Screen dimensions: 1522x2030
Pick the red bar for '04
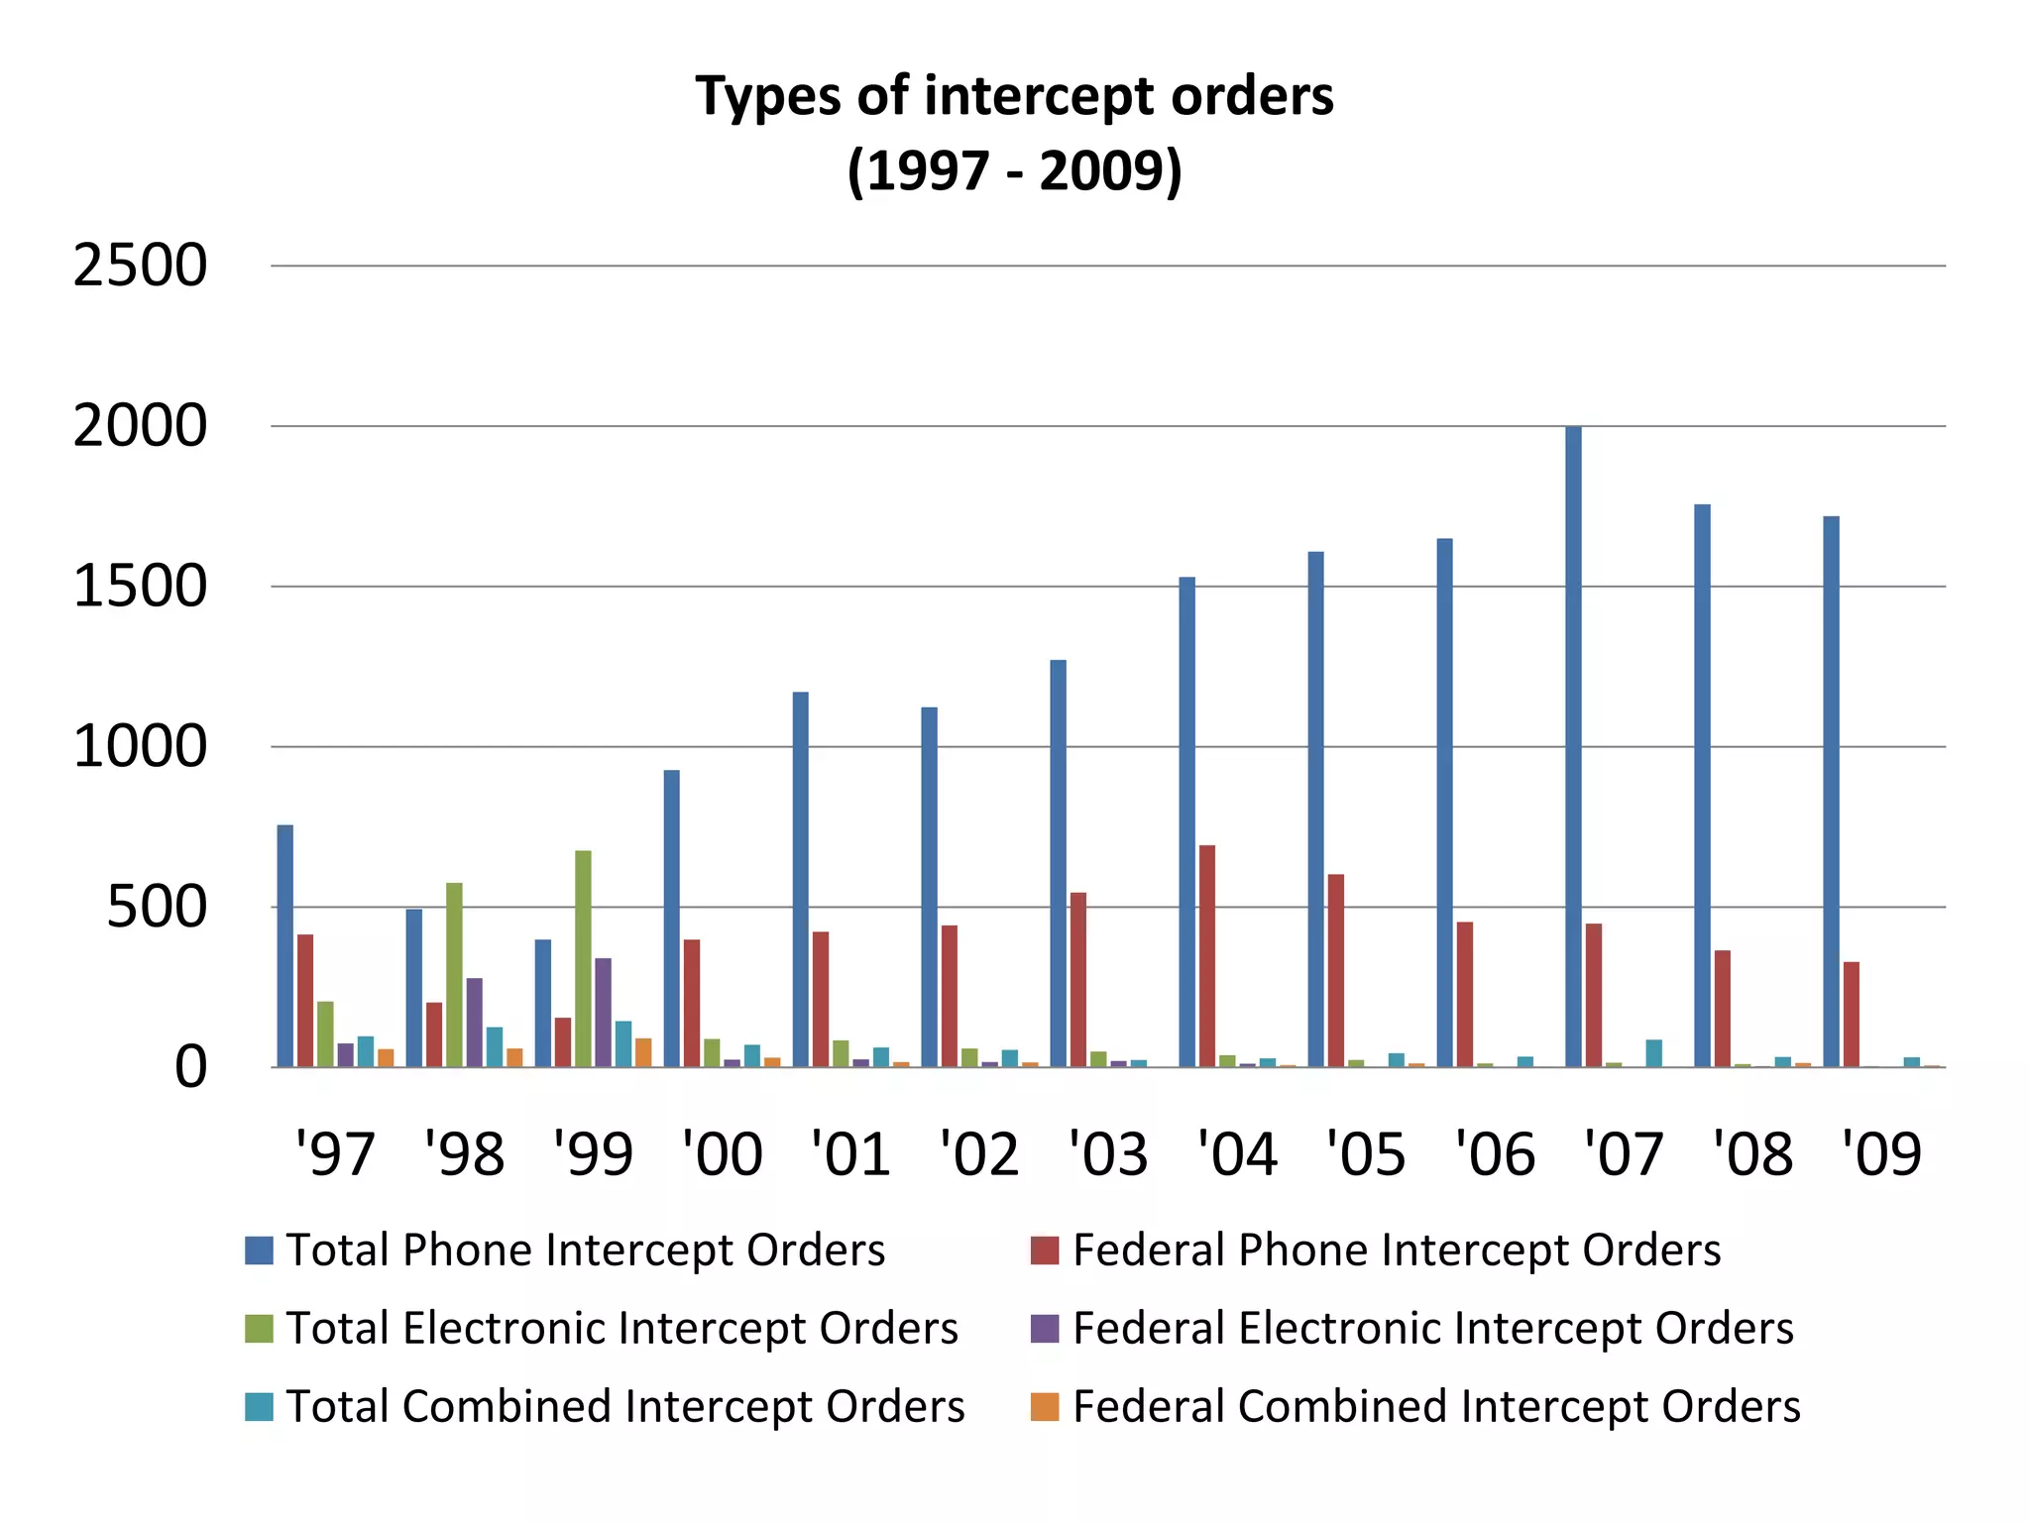click(1207, 955)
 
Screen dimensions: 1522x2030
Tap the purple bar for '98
click(475, 1022)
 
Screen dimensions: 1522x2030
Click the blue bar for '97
click(285, 945)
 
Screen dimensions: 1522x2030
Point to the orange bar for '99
click(643, 1052)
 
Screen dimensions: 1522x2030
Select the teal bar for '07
click(1653, 1053)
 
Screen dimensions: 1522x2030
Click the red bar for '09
click(1851, 1014)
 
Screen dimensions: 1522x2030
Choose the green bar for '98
click(454, 974)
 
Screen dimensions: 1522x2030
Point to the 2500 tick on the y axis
click(140, 266)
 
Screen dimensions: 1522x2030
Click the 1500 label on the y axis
click(140, 587)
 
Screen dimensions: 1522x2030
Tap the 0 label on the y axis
click(190, 1068)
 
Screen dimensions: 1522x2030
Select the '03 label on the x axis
click(1108, 1153)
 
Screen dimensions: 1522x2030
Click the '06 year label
click(1495, 1153)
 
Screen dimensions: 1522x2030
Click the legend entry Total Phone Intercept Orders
click(585, 1250)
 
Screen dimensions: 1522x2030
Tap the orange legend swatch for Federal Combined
click(1045, 1407)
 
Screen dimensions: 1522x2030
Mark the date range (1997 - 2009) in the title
click(1015, 170)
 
